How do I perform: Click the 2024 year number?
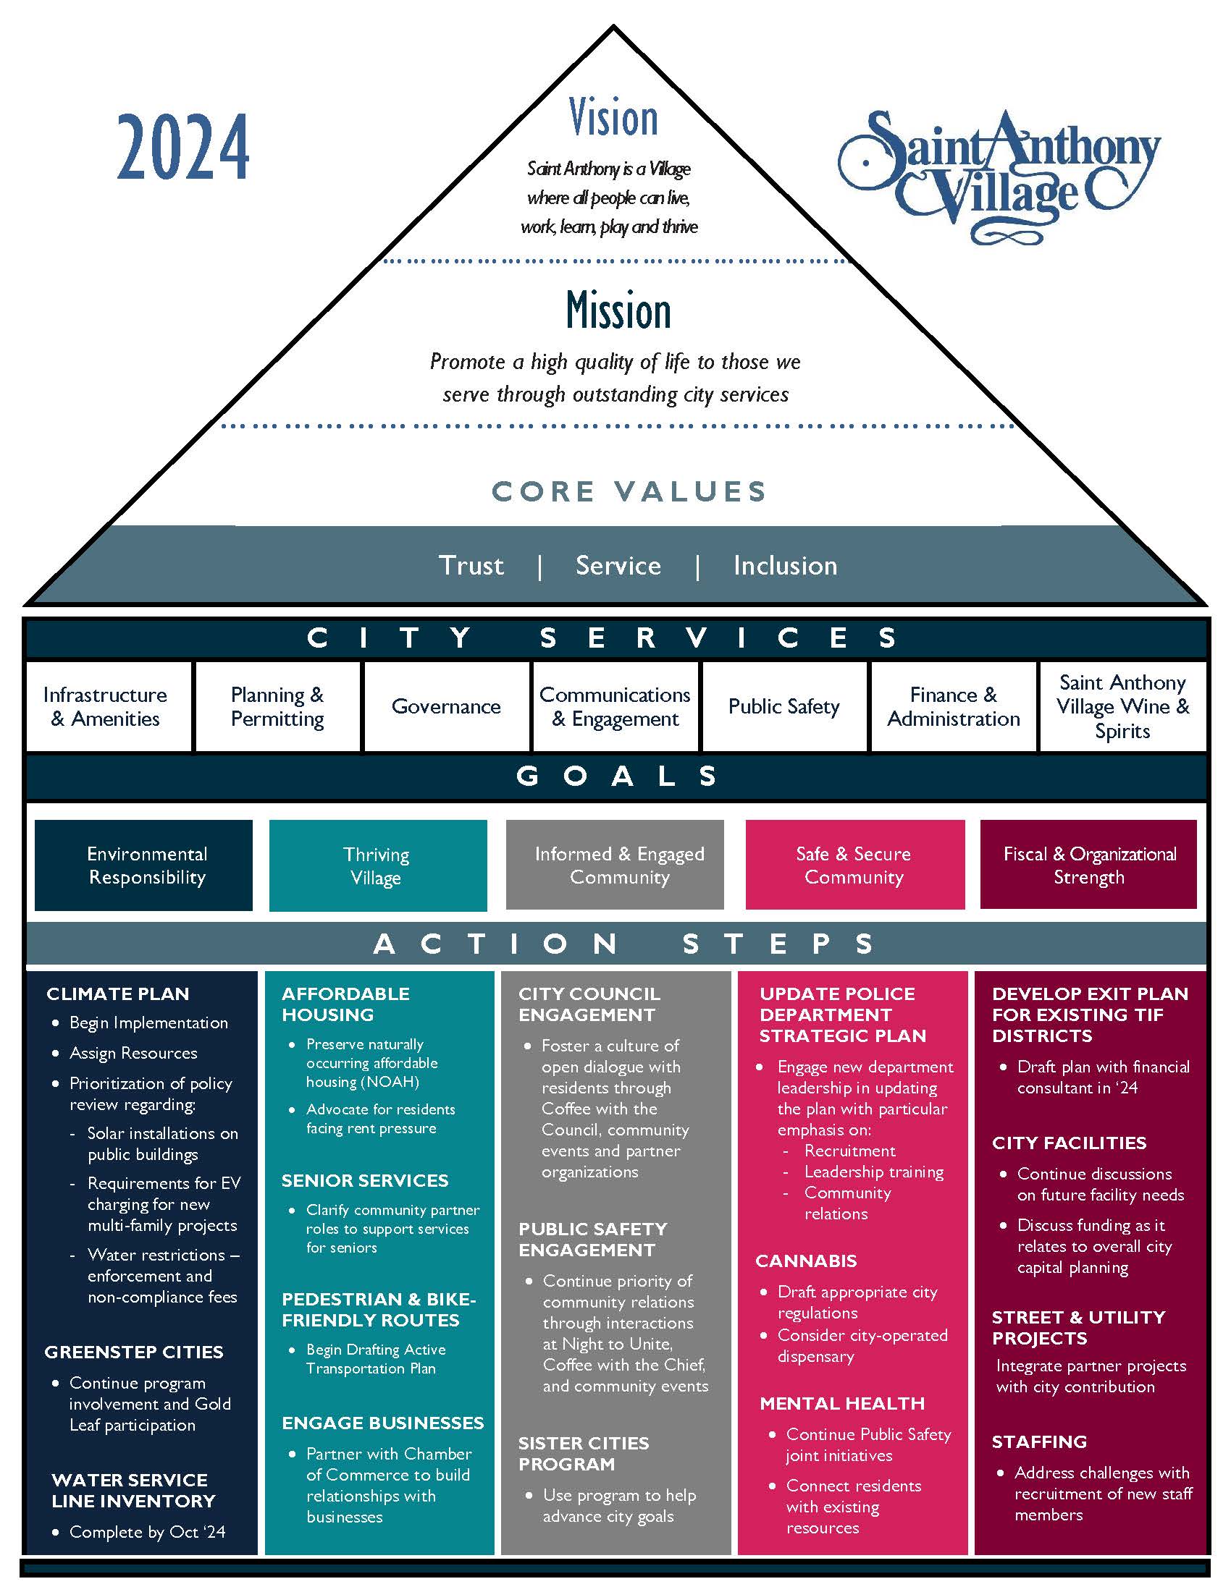[x=183, y=147]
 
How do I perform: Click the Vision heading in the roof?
[x=613, y=117]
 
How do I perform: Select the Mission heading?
[x=618, y=310]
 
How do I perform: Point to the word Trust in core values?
[x=471, y=566]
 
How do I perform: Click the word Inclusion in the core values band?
[x=786, y=566]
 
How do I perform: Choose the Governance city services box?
[x=446, y=706]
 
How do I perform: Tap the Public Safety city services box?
[x=784, y=706]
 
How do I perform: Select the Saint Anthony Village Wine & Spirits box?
[x=1122, y=706]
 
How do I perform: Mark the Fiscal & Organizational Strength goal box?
[x=1089, y=865]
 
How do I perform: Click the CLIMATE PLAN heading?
[x=118, y=994]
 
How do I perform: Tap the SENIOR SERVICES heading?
[x=365, y=1180]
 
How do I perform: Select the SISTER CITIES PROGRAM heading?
[x=584, y=1454]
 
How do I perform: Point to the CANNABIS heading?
[x=806, y=1261]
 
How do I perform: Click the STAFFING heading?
[x=1039, y=1441]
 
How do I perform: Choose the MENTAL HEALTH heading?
[x=842, y=1403]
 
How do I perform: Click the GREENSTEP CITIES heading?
[x=134, y=1352]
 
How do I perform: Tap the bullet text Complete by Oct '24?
[x=147, y=1532]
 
